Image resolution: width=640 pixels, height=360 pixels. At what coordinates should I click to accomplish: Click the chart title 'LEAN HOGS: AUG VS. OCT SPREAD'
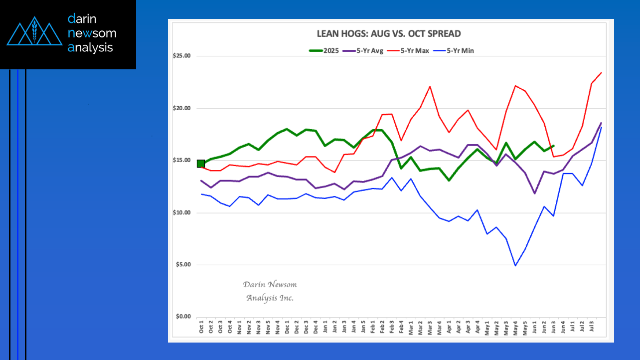click(x=389, y=34)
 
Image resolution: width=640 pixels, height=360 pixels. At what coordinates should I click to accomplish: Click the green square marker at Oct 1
click(x=201, y=164)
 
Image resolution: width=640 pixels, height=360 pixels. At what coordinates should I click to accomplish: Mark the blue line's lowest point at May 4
click(x=515, y=265)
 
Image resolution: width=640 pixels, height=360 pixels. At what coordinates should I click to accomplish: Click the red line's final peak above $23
click(x=601, y=73)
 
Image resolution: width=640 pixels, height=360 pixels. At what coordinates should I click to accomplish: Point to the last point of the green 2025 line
click(x=553, y=146)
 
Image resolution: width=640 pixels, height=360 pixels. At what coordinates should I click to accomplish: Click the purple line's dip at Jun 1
click(x=534, y=193)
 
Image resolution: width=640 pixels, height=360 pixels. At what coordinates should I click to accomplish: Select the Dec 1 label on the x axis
click(x=287, y=327)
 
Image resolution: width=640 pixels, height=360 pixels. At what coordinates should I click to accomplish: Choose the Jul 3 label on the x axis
click(x=592, y=327)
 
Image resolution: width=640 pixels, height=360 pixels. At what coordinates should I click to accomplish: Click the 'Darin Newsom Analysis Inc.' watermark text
click(x=270, y=291)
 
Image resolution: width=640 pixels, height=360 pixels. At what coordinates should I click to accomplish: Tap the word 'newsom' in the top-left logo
click(x=92, y=33)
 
